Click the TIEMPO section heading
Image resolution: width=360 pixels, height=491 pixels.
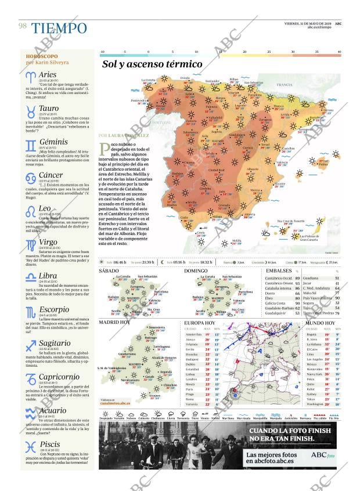coord(59,27)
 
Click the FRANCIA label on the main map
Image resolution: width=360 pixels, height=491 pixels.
coord(285,85)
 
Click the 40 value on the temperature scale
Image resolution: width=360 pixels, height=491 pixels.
coord(339,52)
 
